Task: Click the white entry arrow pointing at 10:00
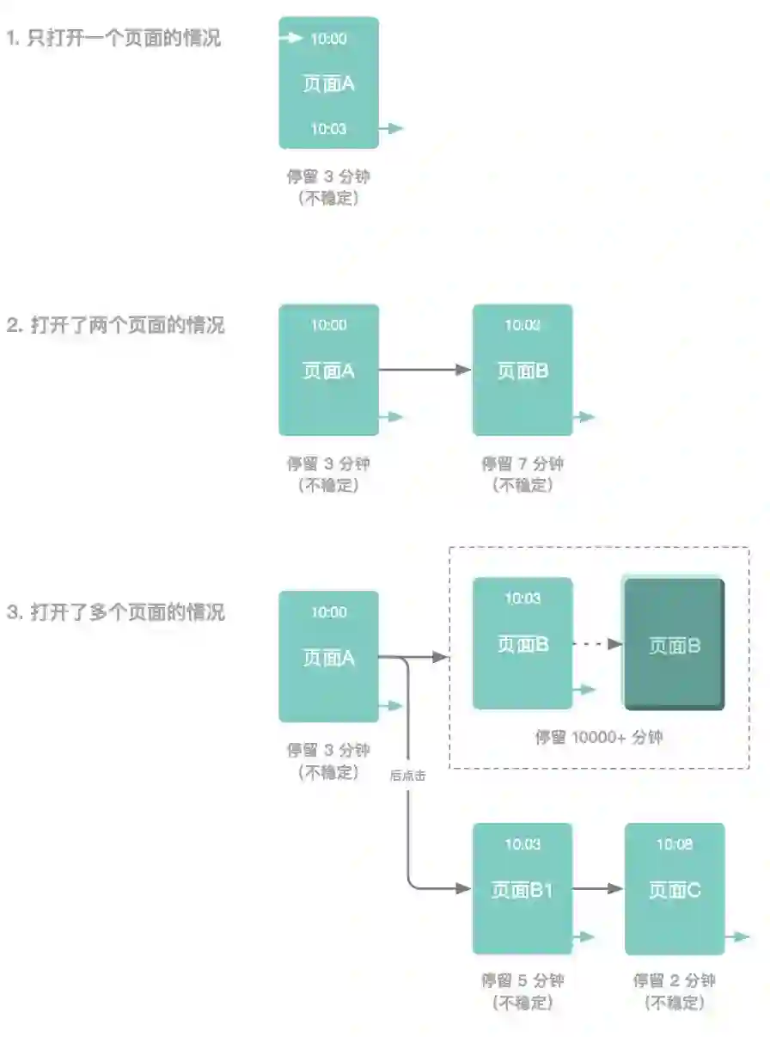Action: [292, 38]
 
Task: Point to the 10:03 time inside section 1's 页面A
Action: [328, 129]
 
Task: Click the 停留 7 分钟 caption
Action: [522, 464]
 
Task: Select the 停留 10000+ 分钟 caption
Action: [599, 737]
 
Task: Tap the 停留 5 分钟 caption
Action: [522, 981]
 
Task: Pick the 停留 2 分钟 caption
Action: [675, 981]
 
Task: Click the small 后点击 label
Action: [408, 775]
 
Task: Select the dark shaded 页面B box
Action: [675, 645]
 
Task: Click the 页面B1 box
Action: [522, 889]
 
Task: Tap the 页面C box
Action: [675, 889]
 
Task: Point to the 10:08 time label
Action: [675, 844]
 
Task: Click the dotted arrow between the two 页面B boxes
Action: [598, 643]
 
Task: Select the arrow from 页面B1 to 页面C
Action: [598, 889]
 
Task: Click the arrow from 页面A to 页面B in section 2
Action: [425, 370]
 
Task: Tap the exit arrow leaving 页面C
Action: [737, 936]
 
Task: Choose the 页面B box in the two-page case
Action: [522, 370]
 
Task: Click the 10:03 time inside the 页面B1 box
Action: [522, 844]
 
